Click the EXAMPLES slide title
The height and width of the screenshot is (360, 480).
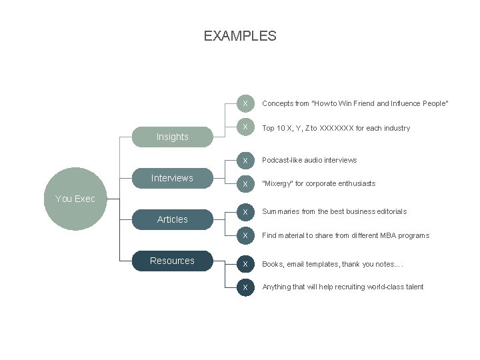(240, 36)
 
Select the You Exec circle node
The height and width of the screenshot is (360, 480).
(75, 199)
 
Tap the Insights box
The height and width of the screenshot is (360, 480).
(172, 137)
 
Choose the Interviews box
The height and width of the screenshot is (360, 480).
(172, 178)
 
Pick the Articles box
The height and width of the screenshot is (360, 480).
(172, 219)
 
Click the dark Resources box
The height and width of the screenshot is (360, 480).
(172, 261)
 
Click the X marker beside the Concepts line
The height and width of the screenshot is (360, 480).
(245, 103)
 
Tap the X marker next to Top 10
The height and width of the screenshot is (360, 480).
(245, 127)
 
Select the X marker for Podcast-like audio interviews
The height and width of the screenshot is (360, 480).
(245, 160)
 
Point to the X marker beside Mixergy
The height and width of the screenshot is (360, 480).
(245, 183)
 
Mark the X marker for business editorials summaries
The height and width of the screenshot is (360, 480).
(245, 211)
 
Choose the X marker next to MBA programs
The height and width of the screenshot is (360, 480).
(245, 235)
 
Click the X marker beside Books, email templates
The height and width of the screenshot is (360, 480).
(245, 264)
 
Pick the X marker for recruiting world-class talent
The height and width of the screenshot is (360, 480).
(245, 287)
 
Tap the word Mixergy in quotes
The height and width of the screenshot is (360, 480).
(279, 183)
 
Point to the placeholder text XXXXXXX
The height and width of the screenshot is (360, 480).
(337, 128)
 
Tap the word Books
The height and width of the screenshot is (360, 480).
(273, 264)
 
